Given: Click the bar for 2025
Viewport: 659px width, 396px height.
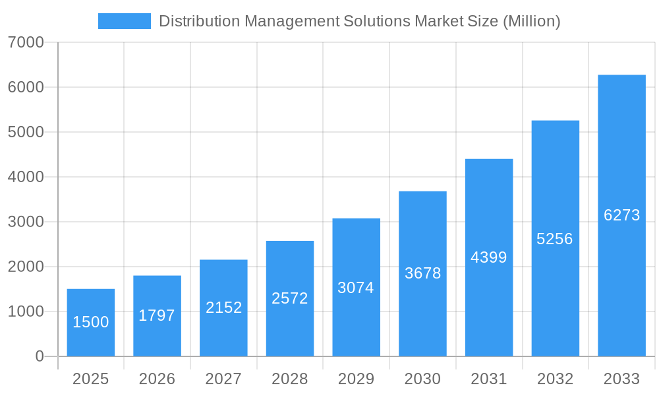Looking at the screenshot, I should tap(91, 323).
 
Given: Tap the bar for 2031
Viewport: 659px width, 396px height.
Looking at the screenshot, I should tap(489, 257).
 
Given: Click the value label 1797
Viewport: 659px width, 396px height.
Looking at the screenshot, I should tap(157, 315).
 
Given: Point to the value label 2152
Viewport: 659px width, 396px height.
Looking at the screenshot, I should tap(224, 308).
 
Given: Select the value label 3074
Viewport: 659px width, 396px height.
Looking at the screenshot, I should tap(356, 288).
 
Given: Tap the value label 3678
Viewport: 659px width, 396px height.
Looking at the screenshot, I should tap(422, 273).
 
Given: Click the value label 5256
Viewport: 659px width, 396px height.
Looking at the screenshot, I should tap(555, 239).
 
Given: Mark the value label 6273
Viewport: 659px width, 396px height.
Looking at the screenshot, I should tap(621, 215).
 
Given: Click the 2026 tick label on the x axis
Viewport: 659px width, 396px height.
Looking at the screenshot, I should tap(157, 379).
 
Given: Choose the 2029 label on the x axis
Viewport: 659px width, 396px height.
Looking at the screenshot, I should tap(356, 379).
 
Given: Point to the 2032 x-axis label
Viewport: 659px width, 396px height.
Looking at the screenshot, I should tap(555, 379).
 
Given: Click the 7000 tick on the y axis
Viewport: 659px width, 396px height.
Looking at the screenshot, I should tap(26, 42).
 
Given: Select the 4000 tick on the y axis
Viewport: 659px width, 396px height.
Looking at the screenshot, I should tap(26, 177).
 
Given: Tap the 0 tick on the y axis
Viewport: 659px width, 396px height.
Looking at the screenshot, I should tap(40, 356).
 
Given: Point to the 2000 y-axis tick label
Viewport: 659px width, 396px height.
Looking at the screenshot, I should tap(26, 267).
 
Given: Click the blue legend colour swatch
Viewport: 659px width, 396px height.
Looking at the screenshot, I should tap(124, 21).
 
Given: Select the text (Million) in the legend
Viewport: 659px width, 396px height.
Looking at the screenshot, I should tap(531, 21).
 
